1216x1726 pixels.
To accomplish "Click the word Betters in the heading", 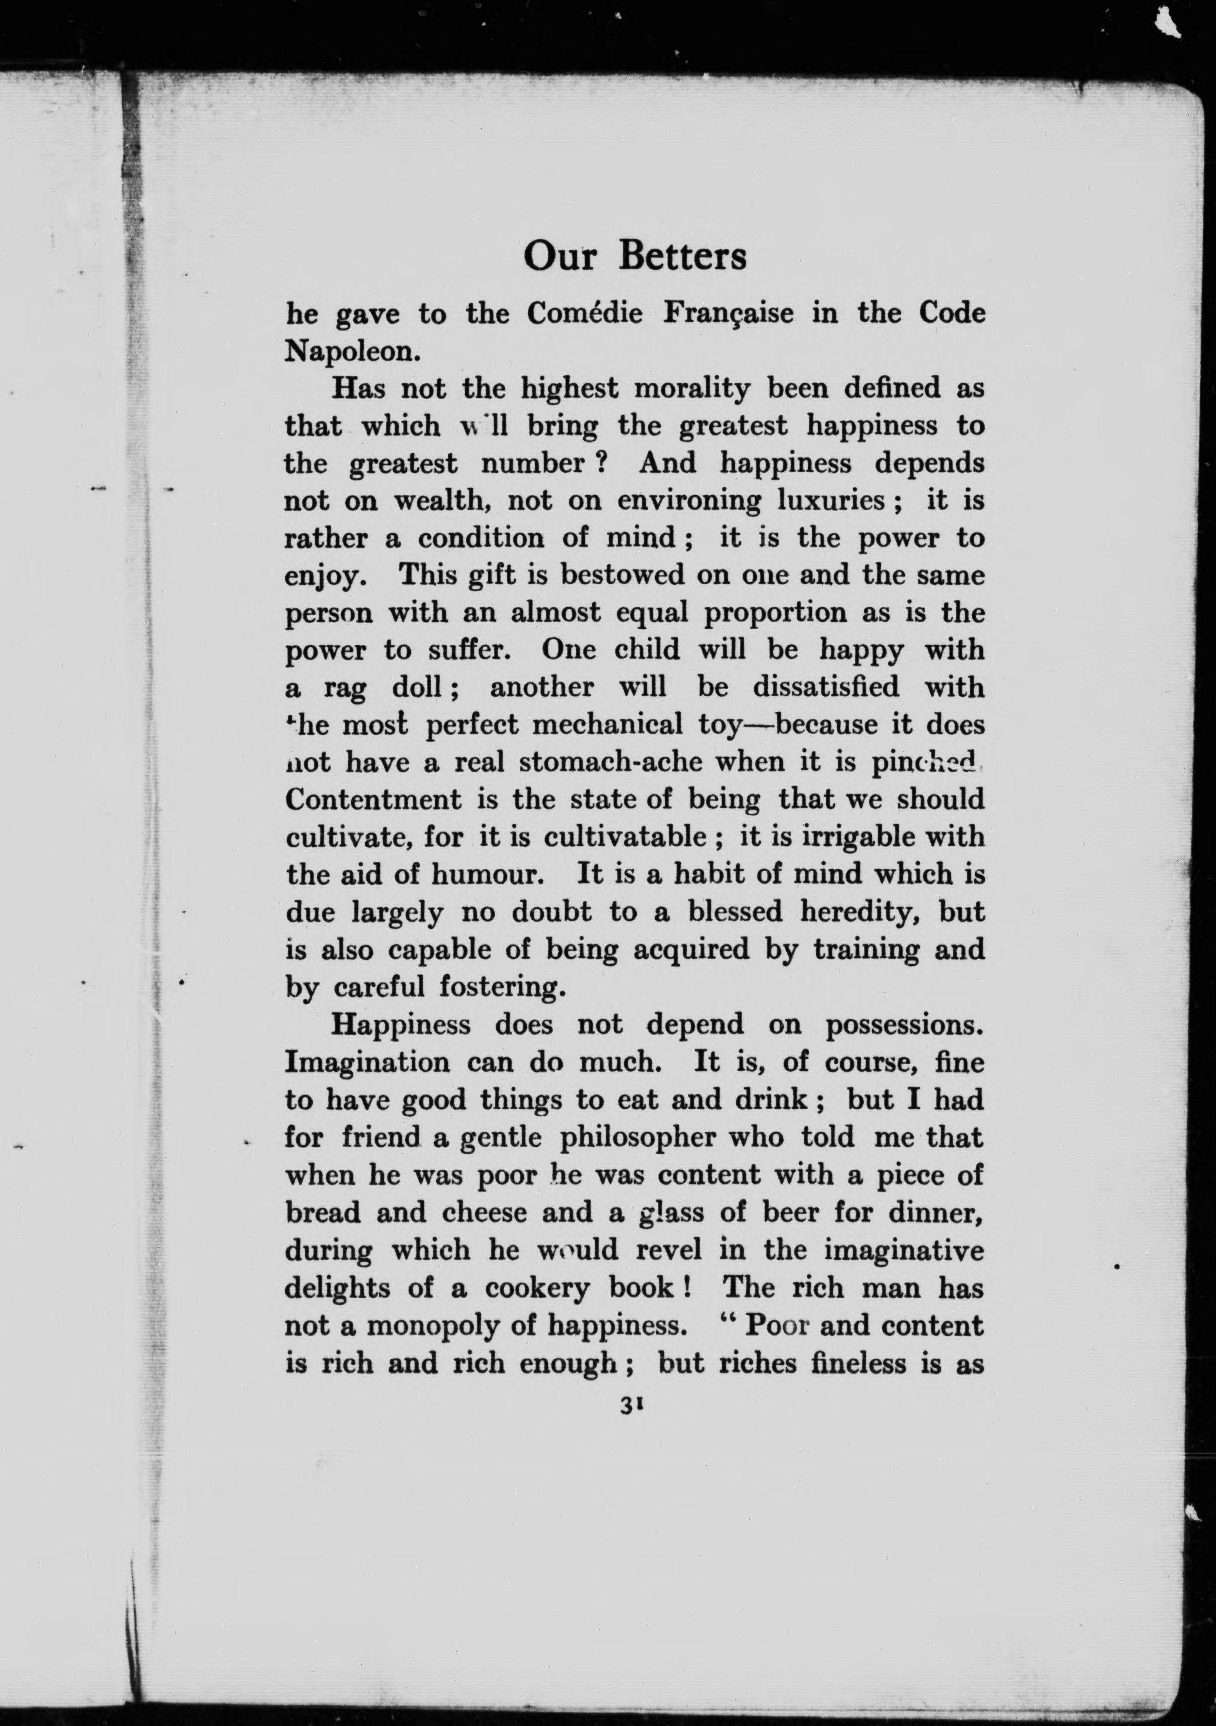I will tap(682, 256).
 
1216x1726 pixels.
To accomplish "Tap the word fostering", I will tap(502, 986).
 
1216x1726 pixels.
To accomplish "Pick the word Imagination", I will tap(367, 1062).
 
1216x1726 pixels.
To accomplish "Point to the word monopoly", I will tap(432, 1325).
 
